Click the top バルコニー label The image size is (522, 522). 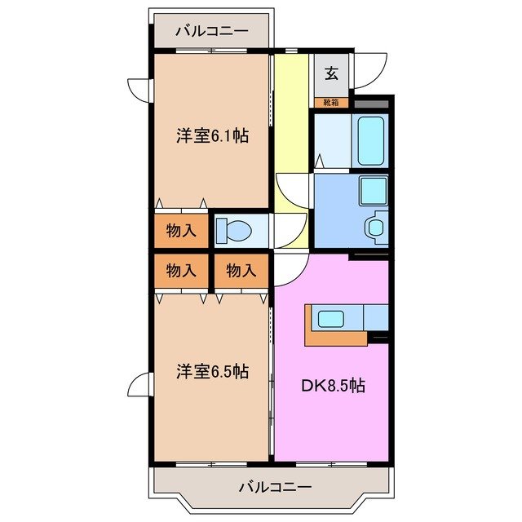coord(211,33)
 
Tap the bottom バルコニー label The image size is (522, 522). coord(275,487)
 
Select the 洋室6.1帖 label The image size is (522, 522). coord(211,136)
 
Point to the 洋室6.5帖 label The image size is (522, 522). coord(211,372)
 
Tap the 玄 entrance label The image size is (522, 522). coord(332,72)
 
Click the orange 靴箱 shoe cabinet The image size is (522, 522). coord(332,103)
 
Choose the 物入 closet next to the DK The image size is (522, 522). coord(241,271)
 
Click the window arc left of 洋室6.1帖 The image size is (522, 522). coord(139,87)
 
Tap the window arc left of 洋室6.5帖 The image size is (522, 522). coord(139,383)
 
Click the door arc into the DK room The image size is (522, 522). coord(289,269)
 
